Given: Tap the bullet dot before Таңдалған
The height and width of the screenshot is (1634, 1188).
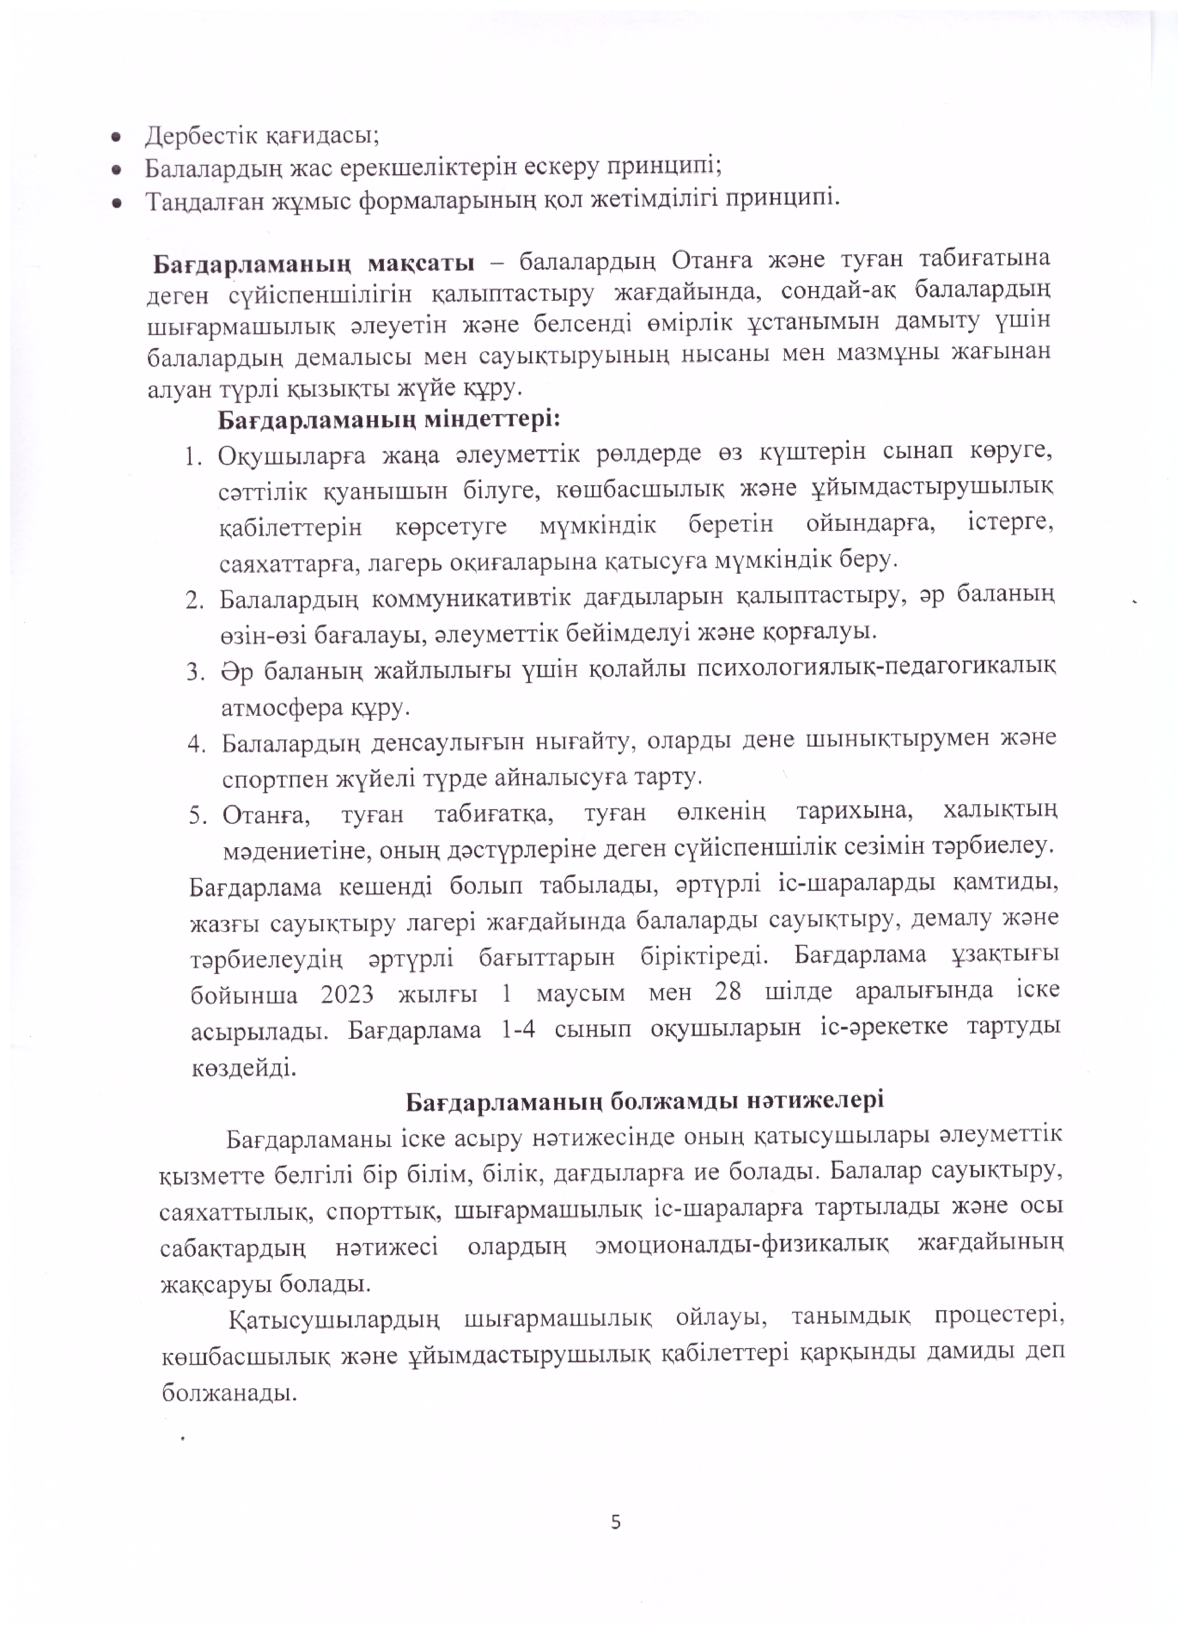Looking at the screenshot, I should coord(114,204).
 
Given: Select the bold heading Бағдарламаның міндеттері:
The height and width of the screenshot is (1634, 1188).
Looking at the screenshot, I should coord(390,419).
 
